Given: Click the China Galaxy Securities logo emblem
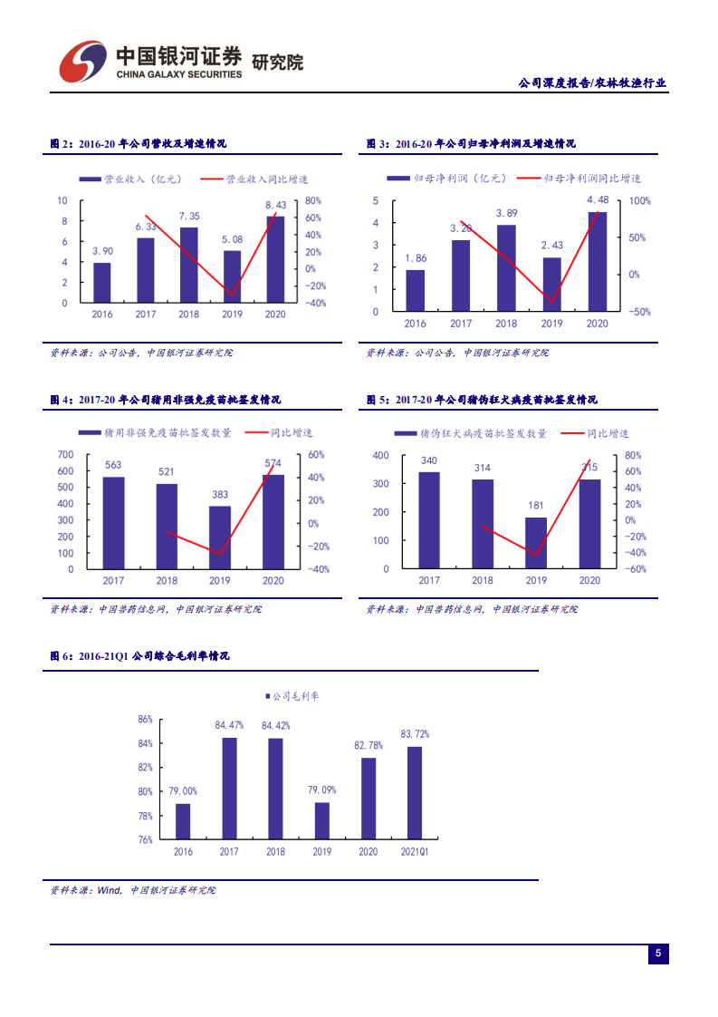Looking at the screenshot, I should [82, 59].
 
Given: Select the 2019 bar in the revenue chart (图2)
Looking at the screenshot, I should [233, 276].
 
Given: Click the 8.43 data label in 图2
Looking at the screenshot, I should [275, 206].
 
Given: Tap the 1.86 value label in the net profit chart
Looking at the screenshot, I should [416, 258].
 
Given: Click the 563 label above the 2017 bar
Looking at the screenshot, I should [113, 465].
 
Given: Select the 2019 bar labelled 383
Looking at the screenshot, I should [220, 538].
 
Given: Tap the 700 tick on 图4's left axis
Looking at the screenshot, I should [65, 454].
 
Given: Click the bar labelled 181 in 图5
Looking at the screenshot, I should [536, 543].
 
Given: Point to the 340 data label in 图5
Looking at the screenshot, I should [429, 460].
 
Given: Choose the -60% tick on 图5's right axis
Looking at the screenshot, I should [635, 569].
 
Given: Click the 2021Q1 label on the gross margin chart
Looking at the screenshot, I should [414, 852].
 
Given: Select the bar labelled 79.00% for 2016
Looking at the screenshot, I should [183, 821].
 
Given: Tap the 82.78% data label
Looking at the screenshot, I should [369, 745].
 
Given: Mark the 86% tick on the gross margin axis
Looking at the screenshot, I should [145, 720].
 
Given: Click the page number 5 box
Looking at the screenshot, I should [658, 954].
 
